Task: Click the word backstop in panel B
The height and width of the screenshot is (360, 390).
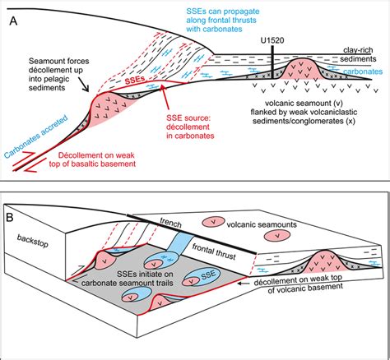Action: point(30,238)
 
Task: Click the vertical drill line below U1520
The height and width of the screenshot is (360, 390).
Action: point(272,66)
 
